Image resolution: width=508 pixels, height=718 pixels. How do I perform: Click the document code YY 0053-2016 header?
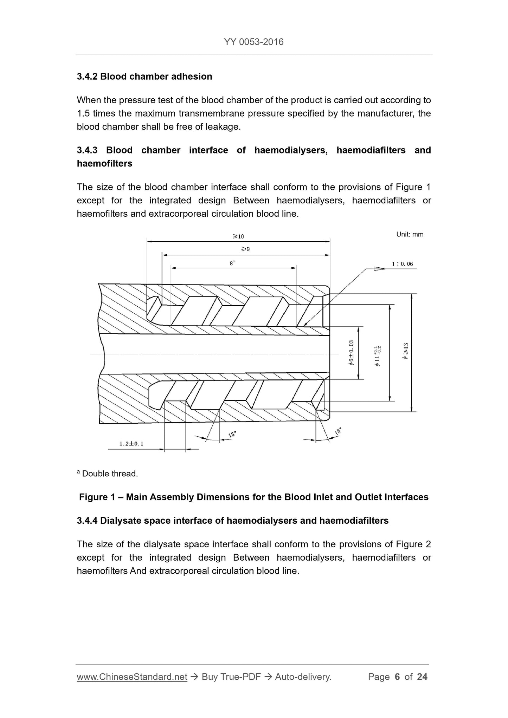[x=253, y=42]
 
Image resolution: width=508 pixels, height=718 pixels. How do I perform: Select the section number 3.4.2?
[x=87, y=77]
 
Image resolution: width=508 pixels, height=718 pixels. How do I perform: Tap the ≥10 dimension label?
[x=238, y=236]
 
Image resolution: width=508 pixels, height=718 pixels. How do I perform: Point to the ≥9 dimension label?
[x=245, y=249]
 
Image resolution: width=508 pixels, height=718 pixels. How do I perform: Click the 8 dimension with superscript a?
[x=232, y=263]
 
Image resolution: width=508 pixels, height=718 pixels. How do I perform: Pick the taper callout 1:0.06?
[x=403, y=264]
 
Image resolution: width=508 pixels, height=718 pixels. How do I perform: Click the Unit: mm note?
[x=410, y=234]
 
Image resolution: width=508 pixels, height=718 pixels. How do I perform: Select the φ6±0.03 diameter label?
[x=351, y=353]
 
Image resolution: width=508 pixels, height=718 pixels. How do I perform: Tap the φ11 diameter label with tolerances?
[x=378, y=356]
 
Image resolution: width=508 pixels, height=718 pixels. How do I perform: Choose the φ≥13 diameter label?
[x=406, y=351]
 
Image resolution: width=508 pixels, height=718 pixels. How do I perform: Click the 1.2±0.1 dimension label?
[x=131, y=444]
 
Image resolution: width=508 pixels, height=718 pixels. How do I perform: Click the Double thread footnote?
[x=110, y=474]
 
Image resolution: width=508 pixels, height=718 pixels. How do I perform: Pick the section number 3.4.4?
[x=87, y=521]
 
